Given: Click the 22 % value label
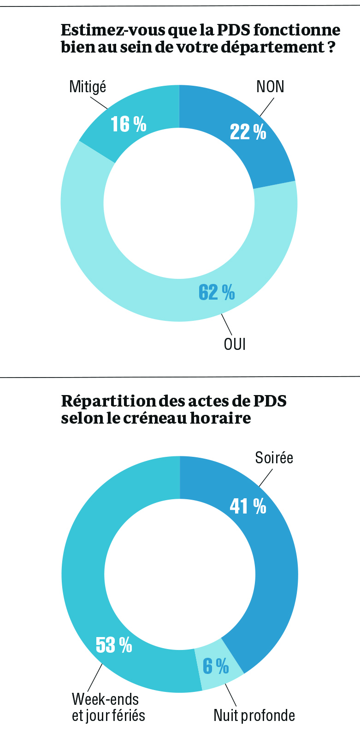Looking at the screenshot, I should pos(248,132).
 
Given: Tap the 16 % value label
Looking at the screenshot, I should pos(129,124).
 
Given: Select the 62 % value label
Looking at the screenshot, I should pos(217,292).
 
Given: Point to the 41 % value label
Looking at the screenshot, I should pos(248,506).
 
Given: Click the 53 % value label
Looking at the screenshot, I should pos(114,644).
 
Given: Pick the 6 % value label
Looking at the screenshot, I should pos(216,666).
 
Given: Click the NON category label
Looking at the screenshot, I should pos(270,87).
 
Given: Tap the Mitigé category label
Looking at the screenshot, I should pos(88,87).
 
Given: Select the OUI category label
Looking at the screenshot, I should pos(235,344).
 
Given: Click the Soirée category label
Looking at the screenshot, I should pos(274,458).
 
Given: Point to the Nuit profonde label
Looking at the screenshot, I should pos(254,715).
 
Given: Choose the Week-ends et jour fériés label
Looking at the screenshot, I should pos(108,707).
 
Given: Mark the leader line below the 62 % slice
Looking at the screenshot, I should pos(227,325).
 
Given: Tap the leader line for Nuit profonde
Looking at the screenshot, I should pos(230,696).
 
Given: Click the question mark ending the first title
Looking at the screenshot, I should pos(331,47).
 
